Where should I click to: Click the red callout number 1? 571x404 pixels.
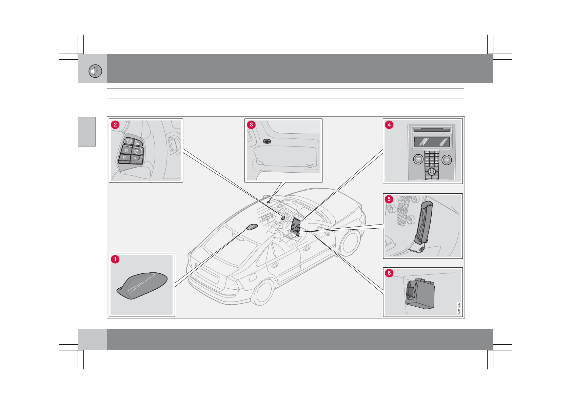pyautogui.click(x=115, y=259)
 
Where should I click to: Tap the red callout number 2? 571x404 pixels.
pyautogui.click(x=115, y=125)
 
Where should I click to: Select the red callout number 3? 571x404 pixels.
pyautogui.click(x=251, y=124)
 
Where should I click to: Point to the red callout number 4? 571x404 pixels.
pyautogui.click(x=389, y=124)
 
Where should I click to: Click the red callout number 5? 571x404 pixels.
pyautogui.click(x=389, y=199)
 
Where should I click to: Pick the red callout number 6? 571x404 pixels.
pyautogui.click(x=389, y=273)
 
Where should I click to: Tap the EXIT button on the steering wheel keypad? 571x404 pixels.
pyautogui.click(x=138, y=142)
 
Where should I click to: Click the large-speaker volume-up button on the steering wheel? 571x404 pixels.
pyautogui.click(x=137, y=151)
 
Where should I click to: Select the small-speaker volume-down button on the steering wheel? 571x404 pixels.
pyautogui.click(x=136, y=158)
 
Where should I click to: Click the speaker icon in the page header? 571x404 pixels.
pyautogui.click(x=95, y=71)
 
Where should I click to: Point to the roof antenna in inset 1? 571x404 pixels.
pyautogui.click(x=143, y=285)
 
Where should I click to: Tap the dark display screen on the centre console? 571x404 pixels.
pyautogui.click(x=431, y=142)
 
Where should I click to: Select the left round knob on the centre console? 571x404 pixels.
pyautogui.click(x=418, y=159)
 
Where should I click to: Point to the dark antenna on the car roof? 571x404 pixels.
pyautogui.click(x=252, y=227)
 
